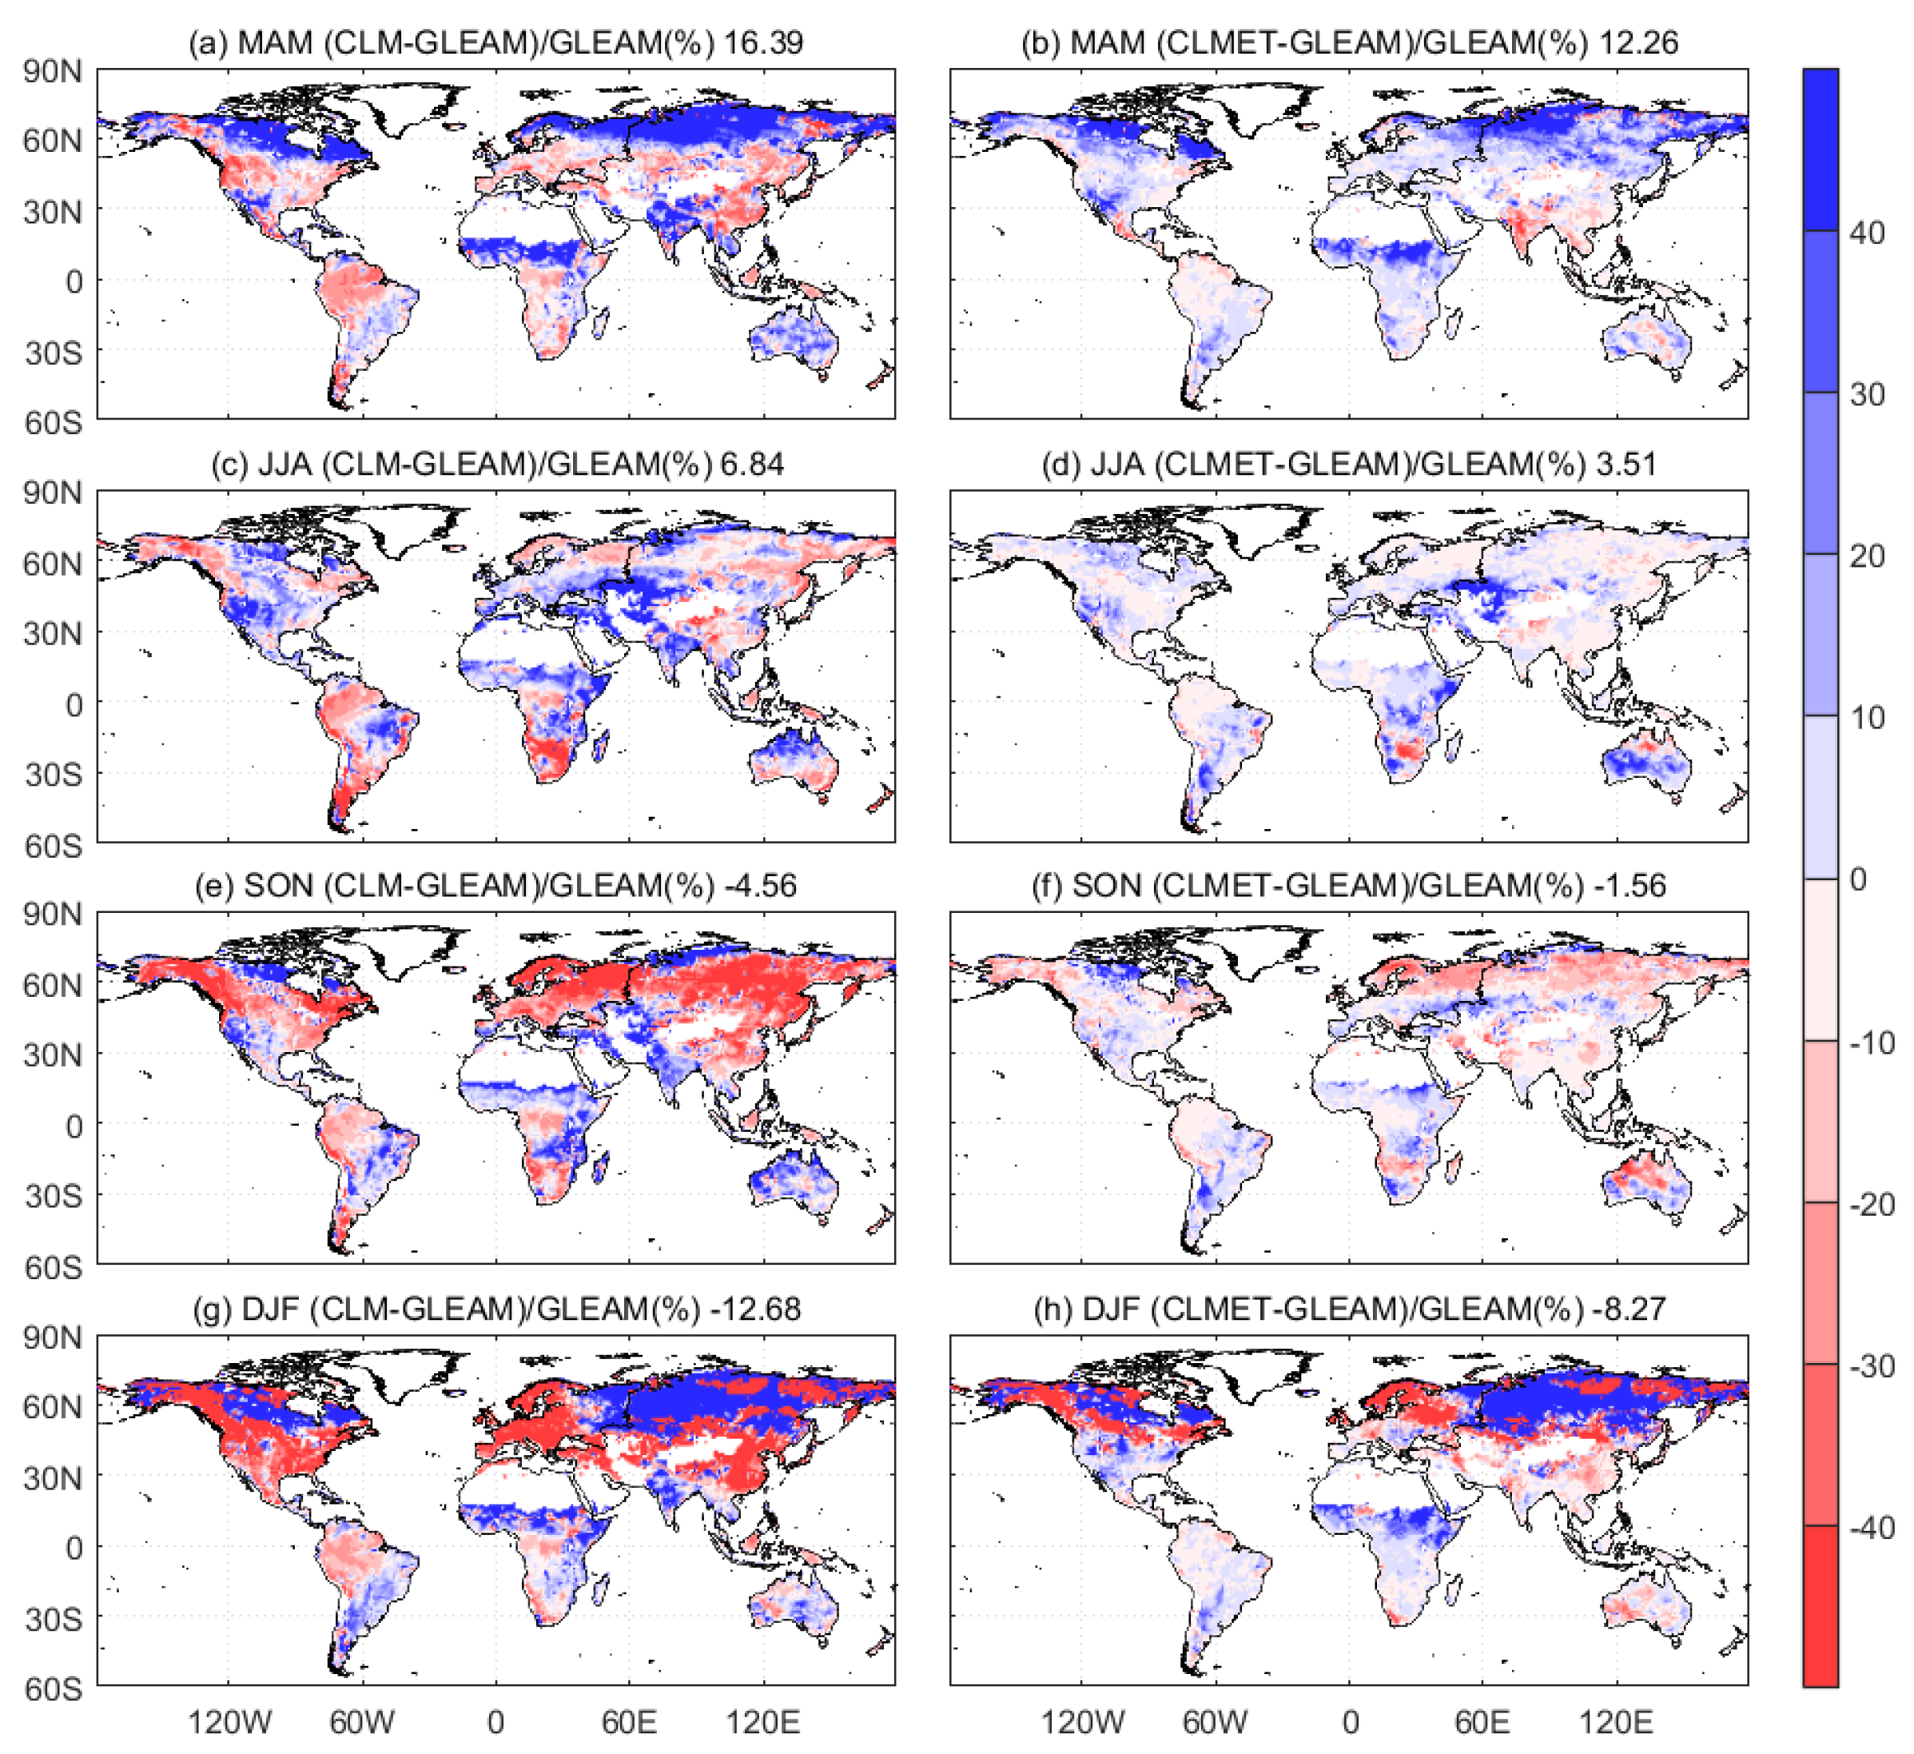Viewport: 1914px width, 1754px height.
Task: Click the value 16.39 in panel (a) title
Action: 763,42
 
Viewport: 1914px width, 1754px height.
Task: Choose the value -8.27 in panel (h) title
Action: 1629,1309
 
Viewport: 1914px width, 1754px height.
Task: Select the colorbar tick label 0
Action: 1858,879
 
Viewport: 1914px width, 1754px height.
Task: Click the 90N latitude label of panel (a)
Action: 54,72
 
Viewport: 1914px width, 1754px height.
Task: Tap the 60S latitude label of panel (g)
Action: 54,1688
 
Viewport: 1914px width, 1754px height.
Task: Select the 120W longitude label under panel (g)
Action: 229,1722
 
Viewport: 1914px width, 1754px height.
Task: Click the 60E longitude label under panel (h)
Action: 1482,1722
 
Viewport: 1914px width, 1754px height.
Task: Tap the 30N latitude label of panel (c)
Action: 54,633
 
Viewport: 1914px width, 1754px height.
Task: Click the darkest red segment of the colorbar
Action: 1820,1605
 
